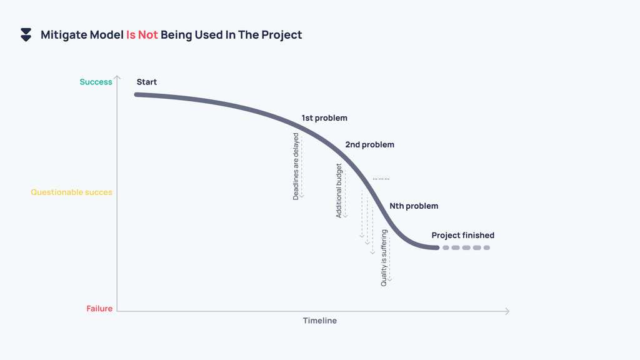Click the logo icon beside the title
(26, 35)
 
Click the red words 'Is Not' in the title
(142, 35)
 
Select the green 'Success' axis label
(96, 82)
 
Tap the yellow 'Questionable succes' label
(71, 192)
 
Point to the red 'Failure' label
(99, 309)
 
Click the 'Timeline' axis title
(320, 321)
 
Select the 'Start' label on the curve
(147, 82)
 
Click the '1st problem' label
(324, 117)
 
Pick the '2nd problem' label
(369, 144)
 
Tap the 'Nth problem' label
(414, 206)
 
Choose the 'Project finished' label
(462, 236)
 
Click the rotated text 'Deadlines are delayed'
(296, 166)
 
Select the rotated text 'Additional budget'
(339, 191)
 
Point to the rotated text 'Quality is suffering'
(384, 258)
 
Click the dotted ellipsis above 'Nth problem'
(381, 179)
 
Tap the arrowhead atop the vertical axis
(117, 78)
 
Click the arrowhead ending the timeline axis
(507, 311)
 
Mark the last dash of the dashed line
(487, 248)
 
